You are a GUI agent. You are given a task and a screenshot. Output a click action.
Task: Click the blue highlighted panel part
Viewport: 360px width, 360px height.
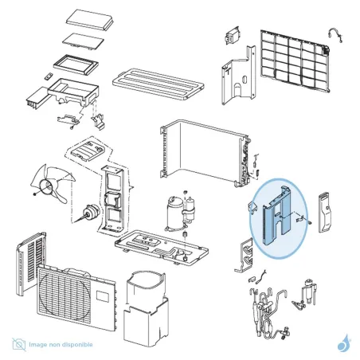pos(276,215)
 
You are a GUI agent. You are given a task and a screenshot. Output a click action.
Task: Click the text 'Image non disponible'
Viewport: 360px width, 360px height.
pos(61,345)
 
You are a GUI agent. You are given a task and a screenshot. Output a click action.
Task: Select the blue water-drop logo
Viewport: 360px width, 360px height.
pos(345,343)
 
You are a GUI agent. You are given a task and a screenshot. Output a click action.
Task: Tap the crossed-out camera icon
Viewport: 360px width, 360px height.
pos(19,344)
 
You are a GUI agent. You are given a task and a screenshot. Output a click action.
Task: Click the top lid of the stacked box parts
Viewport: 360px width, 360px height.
pos(90,19)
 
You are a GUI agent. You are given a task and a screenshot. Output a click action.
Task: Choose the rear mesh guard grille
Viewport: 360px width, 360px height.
pos(295,61)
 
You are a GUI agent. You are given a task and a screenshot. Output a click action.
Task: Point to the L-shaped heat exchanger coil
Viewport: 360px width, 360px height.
pos(205,153)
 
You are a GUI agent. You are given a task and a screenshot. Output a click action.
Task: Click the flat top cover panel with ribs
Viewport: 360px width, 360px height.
pos(158,84)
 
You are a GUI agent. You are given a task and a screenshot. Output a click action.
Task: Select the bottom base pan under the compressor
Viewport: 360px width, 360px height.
pos(162,246)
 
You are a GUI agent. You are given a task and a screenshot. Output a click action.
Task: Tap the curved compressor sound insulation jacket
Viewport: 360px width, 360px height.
pos(146,308)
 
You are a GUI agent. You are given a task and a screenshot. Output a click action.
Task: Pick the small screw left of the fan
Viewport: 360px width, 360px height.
pos(34,194)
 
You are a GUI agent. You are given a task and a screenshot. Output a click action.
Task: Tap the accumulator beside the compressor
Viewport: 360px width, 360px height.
pos(189,209)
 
